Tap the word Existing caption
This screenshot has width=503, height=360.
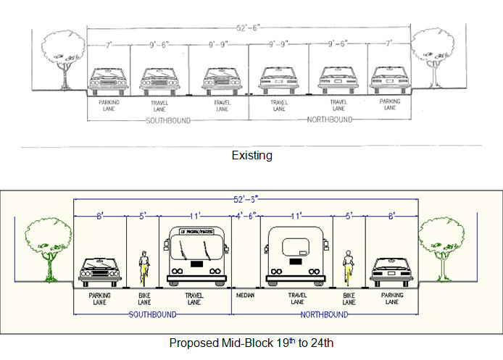[x=251, y=156]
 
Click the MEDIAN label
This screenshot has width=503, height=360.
[x=246, y=296]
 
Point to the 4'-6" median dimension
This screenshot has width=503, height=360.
[x=245, y=215]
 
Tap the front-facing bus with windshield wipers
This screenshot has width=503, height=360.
[x=194, y=255]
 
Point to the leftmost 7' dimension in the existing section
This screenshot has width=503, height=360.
[x=109, y=45]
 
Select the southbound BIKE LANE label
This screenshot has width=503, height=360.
[x=144, y=299]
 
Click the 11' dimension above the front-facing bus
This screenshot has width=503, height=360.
[x=194, y=215]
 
